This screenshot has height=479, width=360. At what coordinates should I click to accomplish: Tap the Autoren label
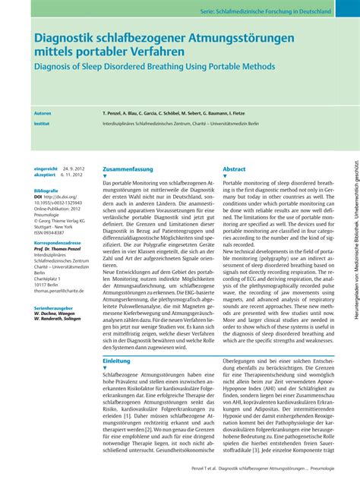(43, 112)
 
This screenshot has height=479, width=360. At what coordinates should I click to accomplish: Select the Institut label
(42, 121)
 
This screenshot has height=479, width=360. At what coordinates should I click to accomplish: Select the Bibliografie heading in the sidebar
(46, 190)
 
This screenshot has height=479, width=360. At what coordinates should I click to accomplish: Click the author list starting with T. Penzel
(194, 112)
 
